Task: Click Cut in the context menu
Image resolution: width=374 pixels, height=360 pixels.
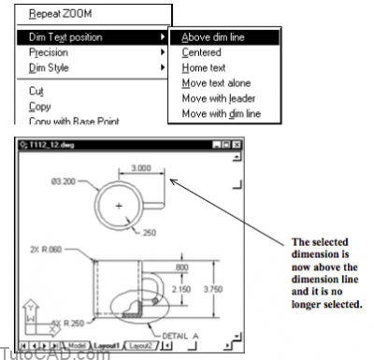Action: coord(36,91)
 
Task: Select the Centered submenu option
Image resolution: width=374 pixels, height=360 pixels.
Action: coord(202,53)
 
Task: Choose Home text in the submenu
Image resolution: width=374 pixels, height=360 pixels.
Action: coord(205,68)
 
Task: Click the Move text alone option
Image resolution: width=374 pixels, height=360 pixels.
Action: coord(216,83)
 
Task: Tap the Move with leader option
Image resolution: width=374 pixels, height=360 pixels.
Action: coord(218,98)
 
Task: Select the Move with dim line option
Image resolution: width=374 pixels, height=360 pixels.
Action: coord(222,113)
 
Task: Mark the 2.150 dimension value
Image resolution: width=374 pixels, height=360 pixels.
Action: coord(180,292)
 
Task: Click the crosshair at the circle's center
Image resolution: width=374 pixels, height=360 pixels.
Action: coord(119,204)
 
